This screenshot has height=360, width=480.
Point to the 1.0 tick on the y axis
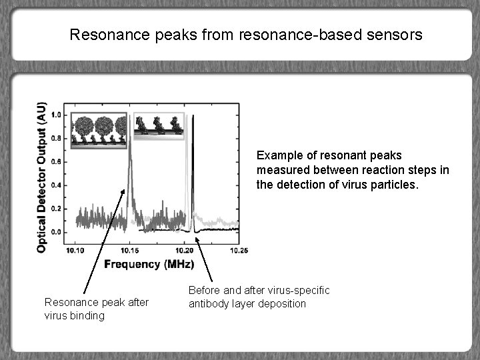pyautogui.click(x=56, y=115)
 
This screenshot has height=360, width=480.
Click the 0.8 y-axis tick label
pyautogui.click(x=56, y=139)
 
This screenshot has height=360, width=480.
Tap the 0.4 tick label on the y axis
pyautogui.click(x=56, y=185)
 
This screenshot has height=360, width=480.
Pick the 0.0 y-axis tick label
pyautogui.click(x=56, y=232)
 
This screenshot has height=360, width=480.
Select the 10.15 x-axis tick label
pyautogui.click(x=129, y=250)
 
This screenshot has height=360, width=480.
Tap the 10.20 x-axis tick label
pyautogui.click(x=184, y=250)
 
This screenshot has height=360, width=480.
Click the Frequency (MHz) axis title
pyautogui.click(x=149, y=264)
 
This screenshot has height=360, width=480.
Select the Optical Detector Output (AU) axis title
pyautogui.click(x=41, y=177)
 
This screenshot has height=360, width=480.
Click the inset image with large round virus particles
pyautogui.click(x=99, y=129)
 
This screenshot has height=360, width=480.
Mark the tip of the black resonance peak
pyautogui.click(x=193, y=116)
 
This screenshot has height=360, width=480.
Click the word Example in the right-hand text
pyautogui.click(x=277, y=155)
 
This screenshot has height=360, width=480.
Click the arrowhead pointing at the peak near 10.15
pyautogui.click(x=125, y=191)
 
